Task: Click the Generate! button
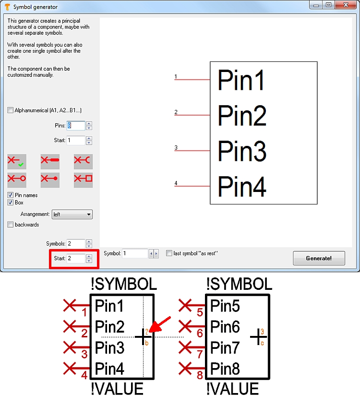coord(319,258)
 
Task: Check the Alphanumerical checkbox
coord(11,110)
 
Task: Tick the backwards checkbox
coord(11,225)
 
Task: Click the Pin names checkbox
coord(11,195)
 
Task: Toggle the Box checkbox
coord(11,203)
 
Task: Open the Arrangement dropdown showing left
coord(72,215)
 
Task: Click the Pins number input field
coord(76,126)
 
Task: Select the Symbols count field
coord(76,244)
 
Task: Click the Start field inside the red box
coord(76,258)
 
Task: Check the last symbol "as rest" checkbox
coord(169,253)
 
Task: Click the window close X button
coord(346,5)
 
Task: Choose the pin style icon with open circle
coord(17,179)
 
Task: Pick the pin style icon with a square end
coord(83,179)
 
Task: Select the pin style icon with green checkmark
coord(17,161)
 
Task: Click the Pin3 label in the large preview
coord(242,151)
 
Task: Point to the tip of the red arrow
coord(150,331)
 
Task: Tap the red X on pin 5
coord(185,305)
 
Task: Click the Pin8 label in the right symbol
coord(225,369)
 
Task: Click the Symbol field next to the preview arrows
coord(135,253)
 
